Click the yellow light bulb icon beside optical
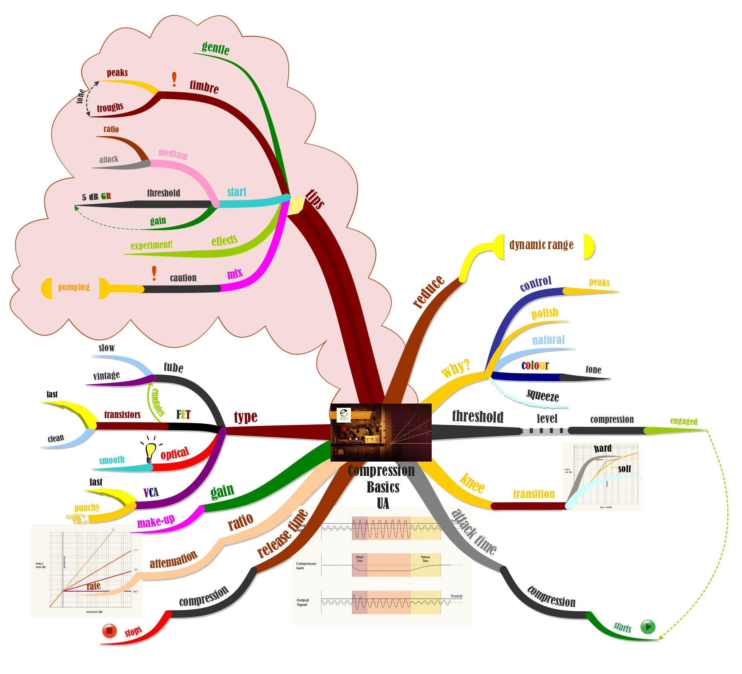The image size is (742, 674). coord(150,451)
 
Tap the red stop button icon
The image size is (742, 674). coord(109,631)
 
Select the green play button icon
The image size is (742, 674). coord(648,626)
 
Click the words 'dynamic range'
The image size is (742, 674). coord(541,245)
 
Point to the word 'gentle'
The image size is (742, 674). coord(216,48)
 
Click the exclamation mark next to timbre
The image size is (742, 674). coord(174,79)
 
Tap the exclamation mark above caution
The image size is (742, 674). coord(154,273)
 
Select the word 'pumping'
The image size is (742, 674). coord(74,287)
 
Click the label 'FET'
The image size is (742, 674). coord(183,415)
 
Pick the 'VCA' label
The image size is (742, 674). coord(151,493)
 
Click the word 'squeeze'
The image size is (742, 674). coord(543,395)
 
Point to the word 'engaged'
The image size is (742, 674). coord(684,421)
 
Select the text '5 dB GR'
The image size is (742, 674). coord(96,197)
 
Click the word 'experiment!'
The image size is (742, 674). coord(151,245)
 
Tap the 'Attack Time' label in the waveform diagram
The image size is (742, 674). coord(359,559)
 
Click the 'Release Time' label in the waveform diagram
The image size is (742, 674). coord(425,559)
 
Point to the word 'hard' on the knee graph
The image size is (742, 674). coord(603,448)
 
